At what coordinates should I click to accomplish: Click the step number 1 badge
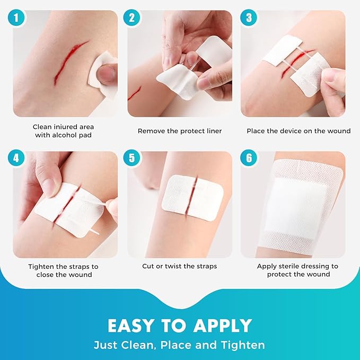(x=19, y=17)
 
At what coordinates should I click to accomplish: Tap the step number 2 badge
(x=133, y=17)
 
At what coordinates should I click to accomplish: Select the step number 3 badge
(x=247, y=17)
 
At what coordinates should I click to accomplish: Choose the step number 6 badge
(x=247, y=158)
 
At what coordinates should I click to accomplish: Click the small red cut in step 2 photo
(x=134, y=93)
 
